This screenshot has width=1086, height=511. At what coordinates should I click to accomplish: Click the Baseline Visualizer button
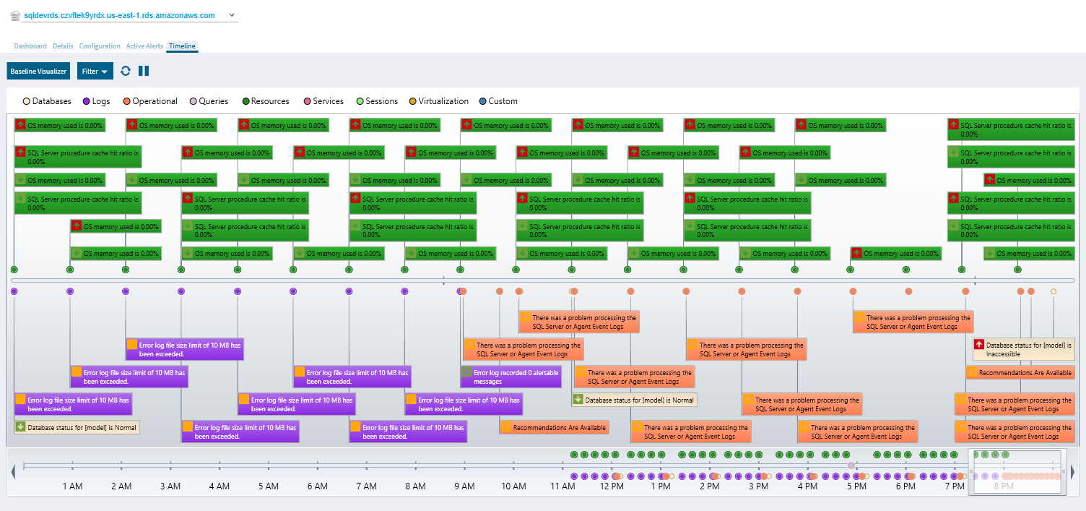coord(38,71)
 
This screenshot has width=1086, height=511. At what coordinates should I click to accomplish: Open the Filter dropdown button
coord(95,71)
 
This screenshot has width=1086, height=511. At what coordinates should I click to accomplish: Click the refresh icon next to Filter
coord(126,71)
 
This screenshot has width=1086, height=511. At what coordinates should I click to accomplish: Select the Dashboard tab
coord(30,46)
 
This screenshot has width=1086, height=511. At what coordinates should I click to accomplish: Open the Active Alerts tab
coord(144,46)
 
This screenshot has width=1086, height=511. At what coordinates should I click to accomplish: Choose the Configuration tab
coord(100,46)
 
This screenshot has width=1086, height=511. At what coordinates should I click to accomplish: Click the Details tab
coord(63,46)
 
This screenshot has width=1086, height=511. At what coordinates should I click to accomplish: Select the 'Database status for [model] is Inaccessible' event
coord(1022,350)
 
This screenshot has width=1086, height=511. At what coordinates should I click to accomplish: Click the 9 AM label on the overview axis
coord(465,486)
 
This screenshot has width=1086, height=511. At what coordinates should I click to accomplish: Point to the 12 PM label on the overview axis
coord(612,486)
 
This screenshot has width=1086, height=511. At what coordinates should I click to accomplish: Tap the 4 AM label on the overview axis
coord(220,486)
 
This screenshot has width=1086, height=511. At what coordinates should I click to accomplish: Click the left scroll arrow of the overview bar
coord(13,472)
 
